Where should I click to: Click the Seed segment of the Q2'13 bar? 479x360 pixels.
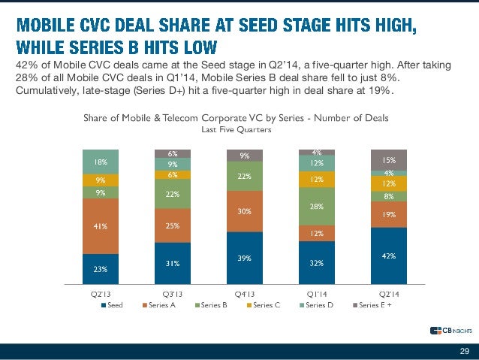pos(100,268)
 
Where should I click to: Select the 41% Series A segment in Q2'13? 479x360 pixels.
pos(100,226)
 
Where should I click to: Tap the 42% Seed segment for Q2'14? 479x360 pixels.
pos(388,256)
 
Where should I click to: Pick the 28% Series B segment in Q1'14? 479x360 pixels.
pos(316,207)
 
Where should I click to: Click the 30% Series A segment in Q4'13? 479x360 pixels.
pos(244,211)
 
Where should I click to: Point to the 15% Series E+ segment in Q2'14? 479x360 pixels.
pos(388,159)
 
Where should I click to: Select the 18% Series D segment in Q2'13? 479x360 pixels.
pos(100,162)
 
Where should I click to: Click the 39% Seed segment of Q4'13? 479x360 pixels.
pos(244,257)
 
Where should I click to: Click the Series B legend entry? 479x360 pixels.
pos(212,305)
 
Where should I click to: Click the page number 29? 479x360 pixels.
pos(463,351)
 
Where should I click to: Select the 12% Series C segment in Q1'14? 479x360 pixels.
pos(316,179)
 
